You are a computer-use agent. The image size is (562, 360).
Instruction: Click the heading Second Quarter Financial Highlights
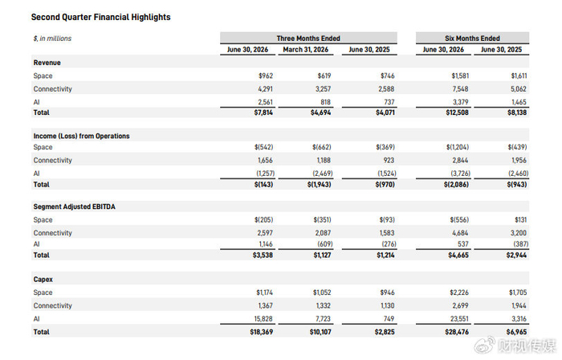(100, 17)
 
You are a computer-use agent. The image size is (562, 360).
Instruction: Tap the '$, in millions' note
(52, 39)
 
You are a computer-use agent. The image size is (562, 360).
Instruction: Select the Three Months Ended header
(308, 38)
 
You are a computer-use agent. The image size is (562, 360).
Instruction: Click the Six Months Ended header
(472, 38)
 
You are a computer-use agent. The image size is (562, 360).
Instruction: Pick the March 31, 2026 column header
(305, 50)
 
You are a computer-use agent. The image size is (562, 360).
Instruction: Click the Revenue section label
(47, 63)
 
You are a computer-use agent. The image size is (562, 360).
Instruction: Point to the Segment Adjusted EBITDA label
(74, 207)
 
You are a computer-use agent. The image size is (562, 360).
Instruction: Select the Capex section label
(43, 280)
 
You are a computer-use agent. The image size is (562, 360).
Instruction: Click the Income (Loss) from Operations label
(81, 136)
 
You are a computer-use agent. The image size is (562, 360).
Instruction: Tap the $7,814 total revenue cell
(263, 112)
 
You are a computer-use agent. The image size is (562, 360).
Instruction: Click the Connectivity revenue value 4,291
(265, 89)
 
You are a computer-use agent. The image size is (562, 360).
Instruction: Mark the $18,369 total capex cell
(261, 332)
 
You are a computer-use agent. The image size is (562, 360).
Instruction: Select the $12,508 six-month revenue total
(457, 112)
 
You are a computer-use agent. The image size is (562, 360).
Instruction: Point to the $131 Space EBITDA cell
(520, 220)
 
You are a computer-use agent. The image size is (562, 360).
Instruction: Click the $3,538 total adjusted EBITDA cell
(263, 256)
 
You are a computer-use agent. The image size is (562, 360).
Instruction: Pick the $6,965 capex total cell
(516, 332)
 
